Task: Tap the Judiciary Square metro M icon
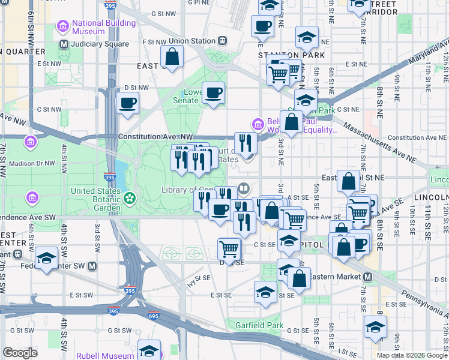(64, 44)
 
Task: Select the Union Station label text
(191, 41)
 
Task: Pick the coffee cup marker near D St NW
(128, 103)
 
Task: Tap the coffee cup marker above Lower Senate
(213, 93)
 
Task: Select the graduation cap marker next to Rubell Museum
(149, 350)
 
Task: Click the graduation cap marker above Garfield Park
(265, 292)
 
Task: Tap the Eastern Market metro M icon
(367, 277)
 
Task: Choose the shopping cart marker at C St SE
(229, 248)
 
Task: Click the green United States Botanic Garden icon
(130, 197)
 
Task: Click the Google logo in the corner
(20, 352)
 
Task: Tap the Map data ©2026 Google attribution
(411, 355)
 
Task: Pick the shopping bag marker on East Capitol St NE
(349, 180)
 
